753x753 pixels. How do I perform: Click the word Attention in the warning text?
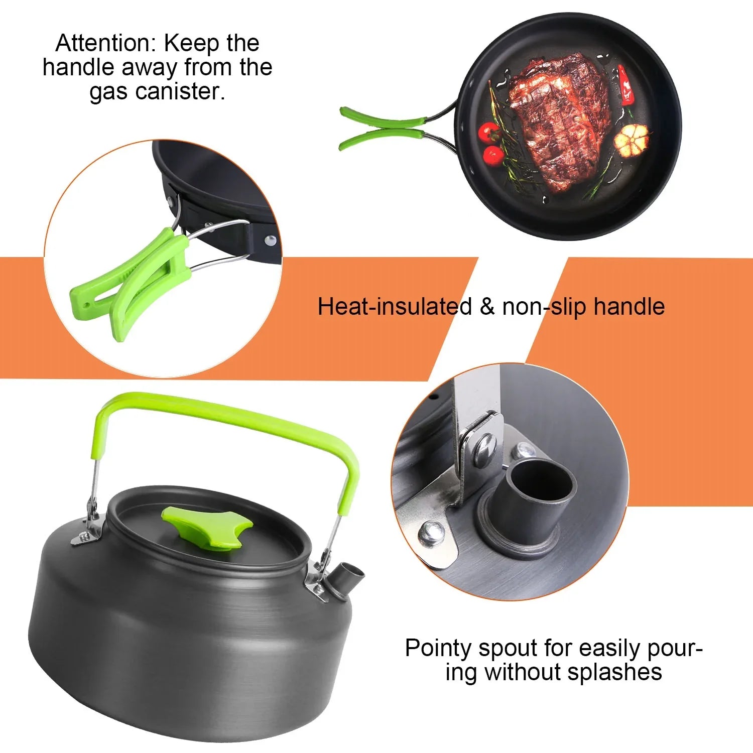pos(106,43)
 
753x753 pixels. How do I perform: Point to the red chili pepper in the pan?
pos(626,85)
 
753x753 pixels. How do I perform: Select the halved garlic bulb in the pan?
pos(632,139)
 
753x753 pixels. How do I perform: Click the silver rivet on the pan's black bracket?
pos(271,240)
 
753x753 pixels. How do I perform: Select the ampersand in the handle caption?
pos(487,307)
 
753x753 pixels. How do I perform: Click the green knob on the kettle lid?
pos(207,527)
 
